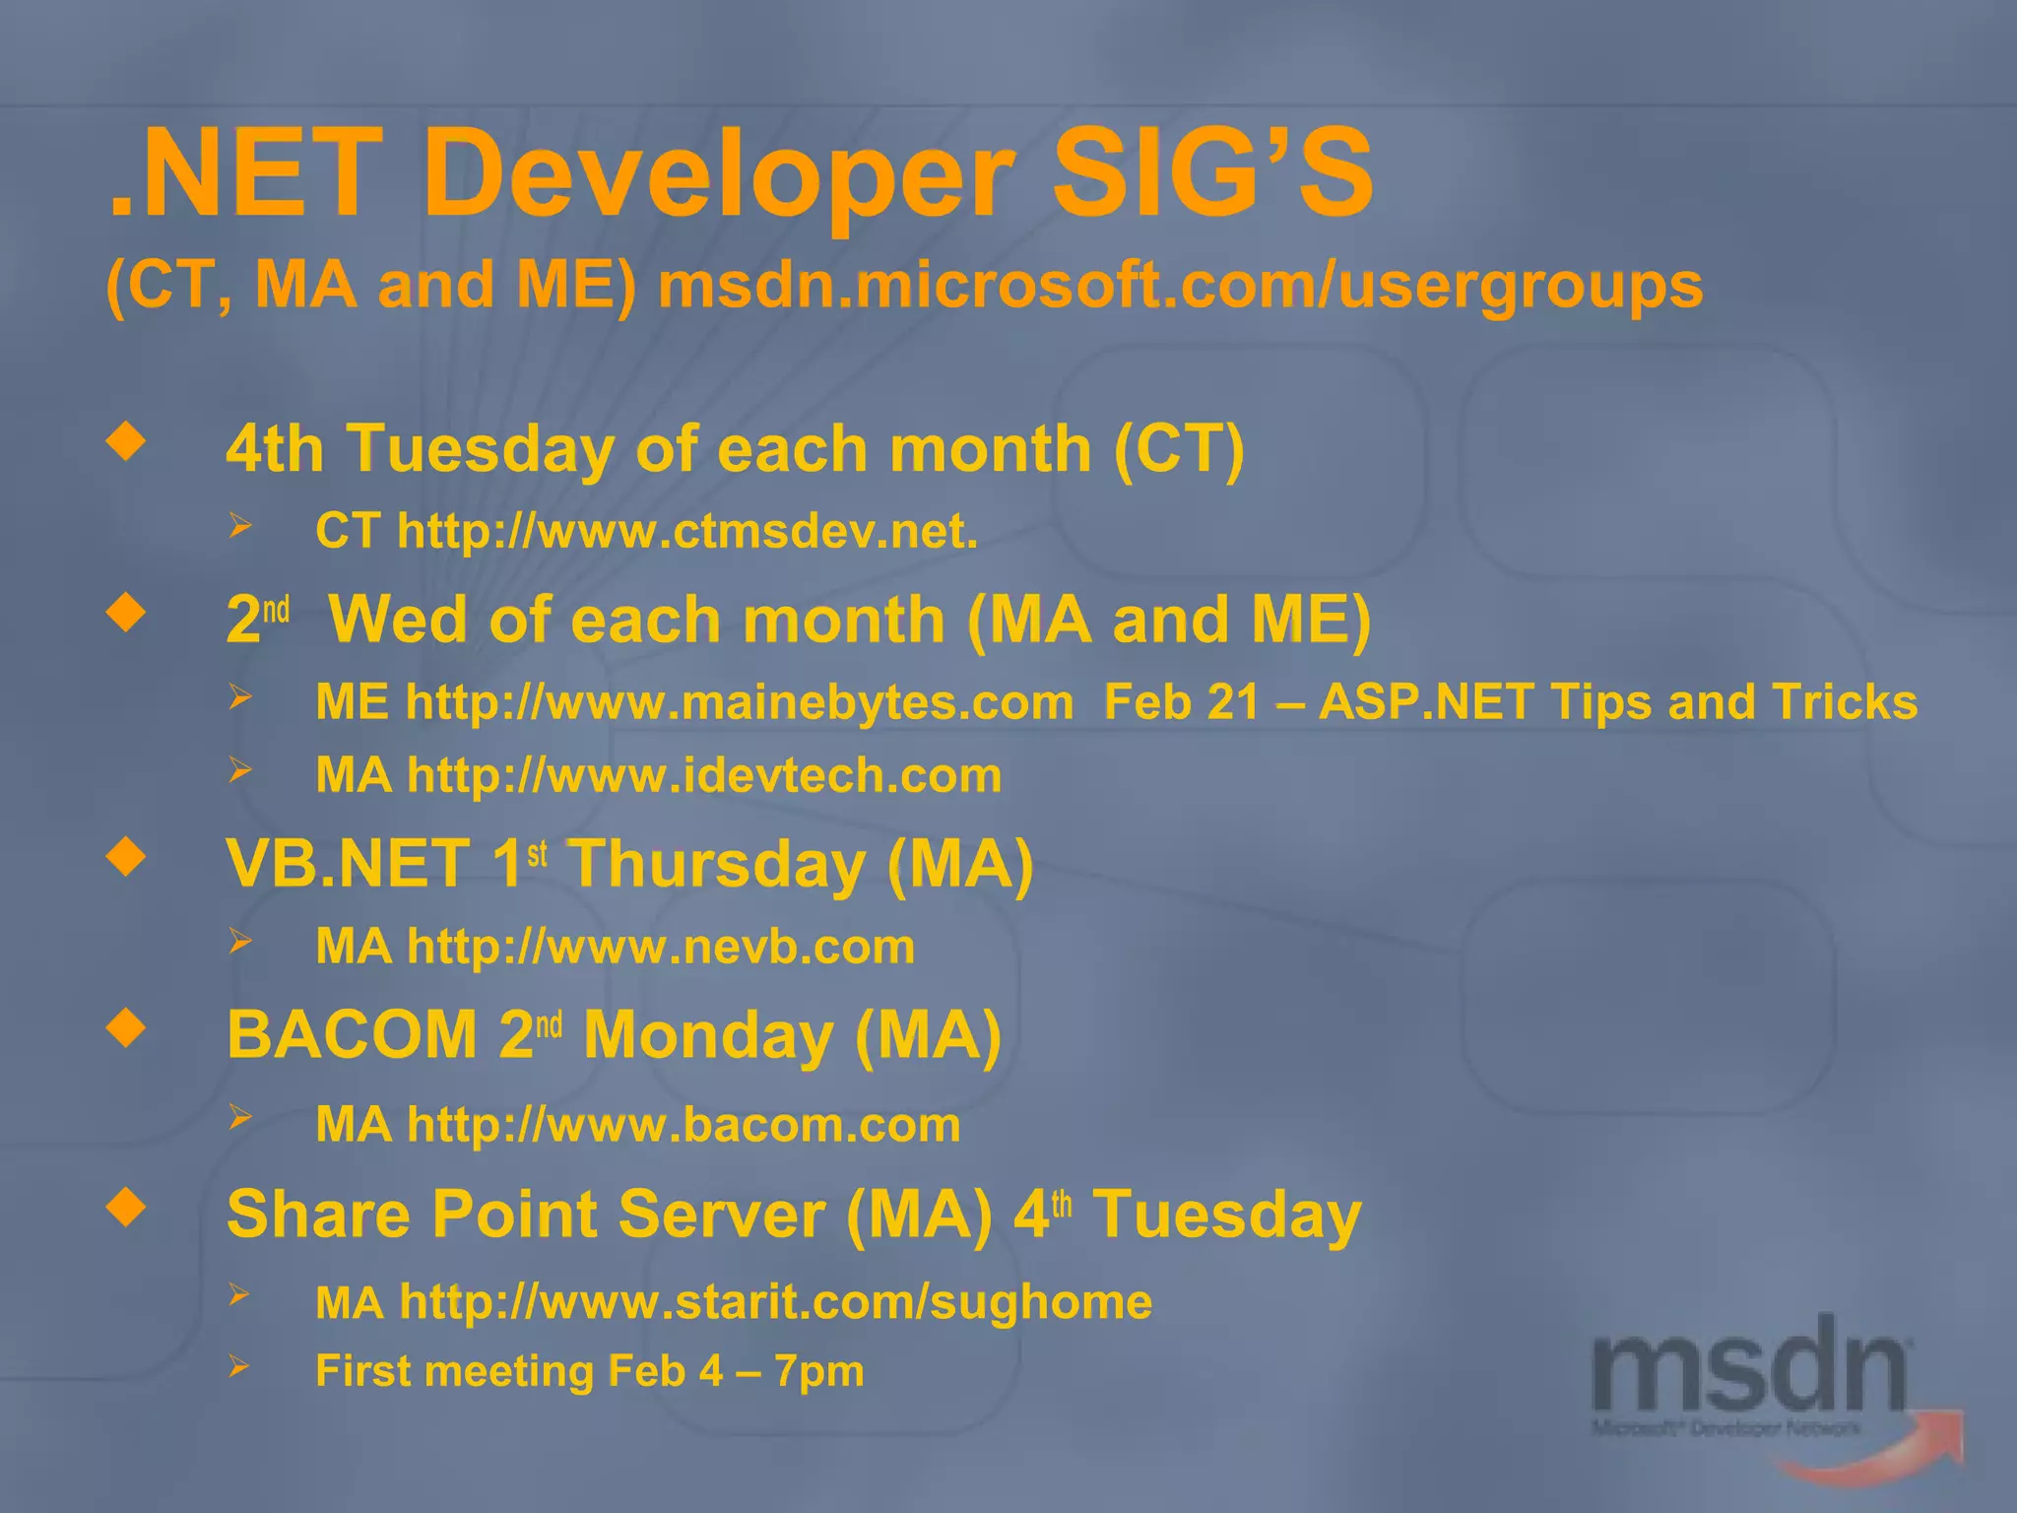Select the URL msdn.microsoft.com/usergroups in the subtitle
click(x=1180, y=286)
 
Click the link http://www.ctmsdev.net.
click(x=687, y=531)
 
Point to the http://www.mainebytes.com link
click(x=740, y=702)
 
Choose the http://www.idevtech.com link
click(x=704, y=775)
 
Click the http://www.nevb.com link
click(x=661, y=947)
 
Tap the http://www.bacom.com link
click(x=683, y=1124)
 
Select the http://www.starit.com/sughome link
click(x=776, y=1301)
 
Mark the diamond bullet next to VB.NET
click(x=127, y=856)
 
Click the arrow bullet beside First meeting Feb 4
click(x=239, y=1366)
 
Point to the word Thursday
click(x=716, y=865)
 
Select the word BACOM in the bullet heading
click(x=352, y=1036)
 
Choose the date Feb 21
click(x=1181, y=702)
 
